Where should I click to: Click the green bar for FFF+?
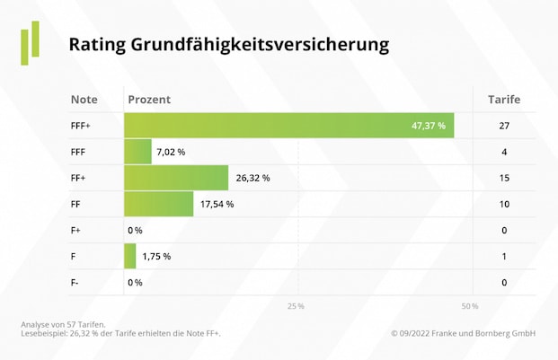point(288,126)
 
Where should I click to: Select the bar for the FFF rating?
point(137,152)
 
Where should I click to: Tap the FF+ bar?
point(176,178)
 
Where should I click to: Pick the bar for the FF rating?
point(158,204)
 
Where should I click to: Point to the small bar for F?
point(129,256)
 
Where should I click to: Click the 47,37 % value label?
point(428,126)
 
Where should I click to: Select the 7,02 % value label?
point(171,152)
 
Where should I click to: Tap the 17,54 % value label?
point(217,204)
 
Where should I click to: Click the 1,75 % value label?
point(156,256)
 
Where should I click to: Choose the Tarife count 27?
point(504,126)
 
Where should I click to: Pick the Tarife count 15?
point(504,178)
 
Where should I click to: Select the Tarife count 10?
point(504,204)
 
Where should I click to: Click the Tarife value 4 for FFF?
point(504,152)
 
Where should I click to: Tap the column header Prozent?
point(149,99)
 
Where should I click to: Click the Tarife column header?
point(504,99)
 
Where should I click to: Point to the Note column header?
point(84,99)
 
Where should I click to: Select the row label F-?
point(75,282)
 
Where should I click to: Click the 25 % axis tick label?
point(296,306)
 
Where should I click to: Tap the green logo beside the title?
point(31,42)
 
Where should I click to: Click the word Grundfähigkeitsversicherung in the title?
point(260,44)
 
